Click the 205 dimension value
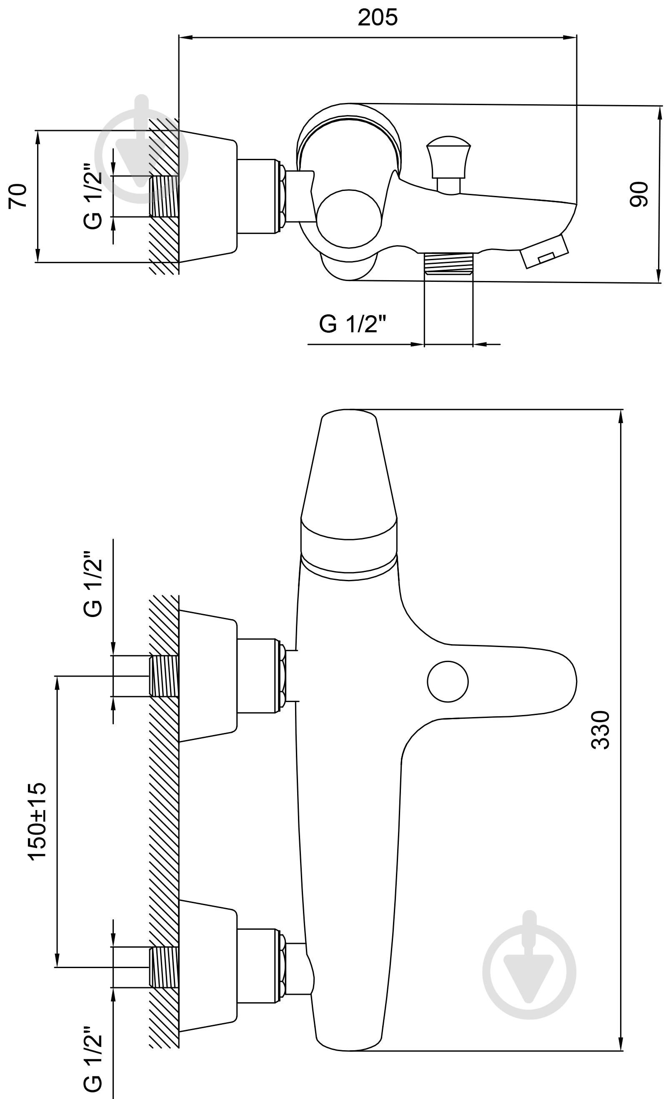377,18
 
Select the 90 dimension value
638,194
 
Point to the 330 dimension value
600,730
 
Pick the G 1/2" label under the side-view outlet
352,324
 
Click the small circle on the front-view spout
448,682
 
